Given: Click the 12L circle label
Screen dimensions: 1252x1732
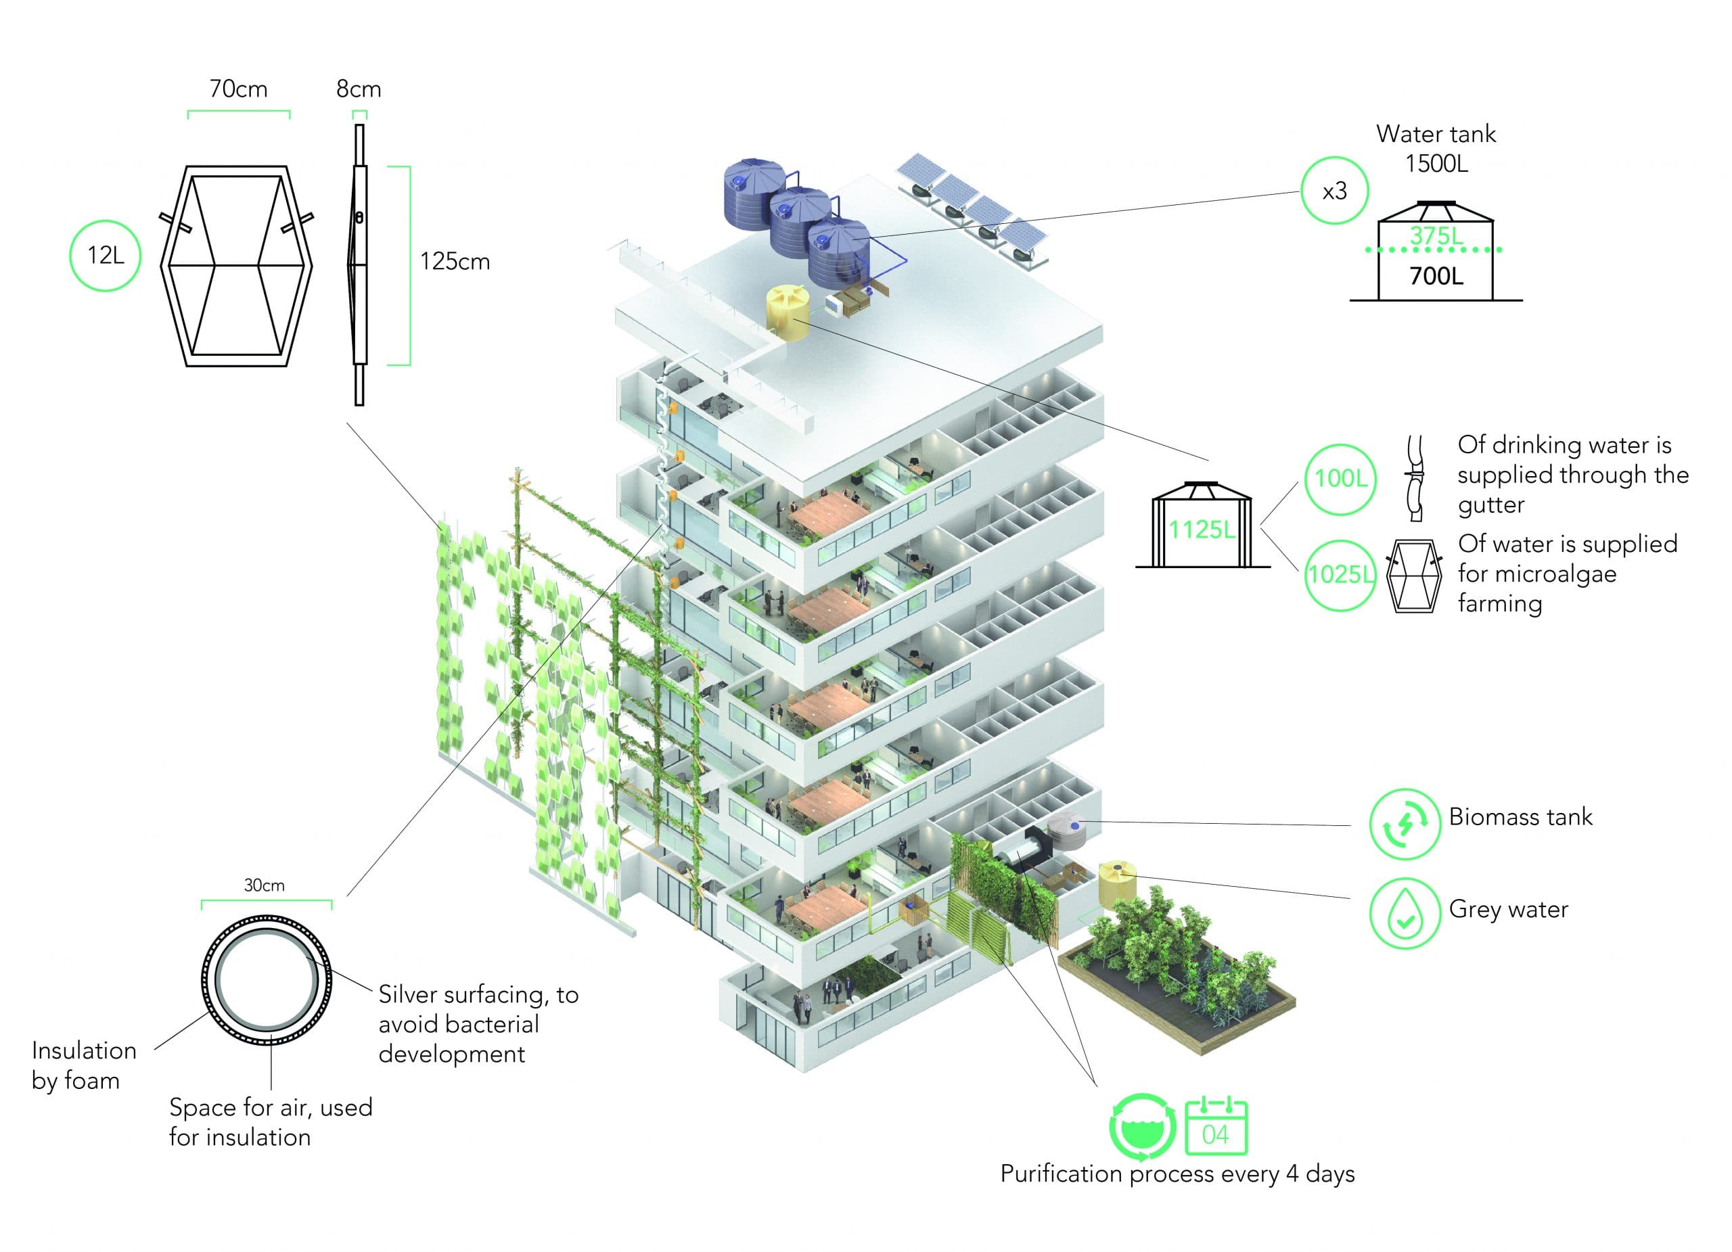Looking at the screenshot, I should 106,255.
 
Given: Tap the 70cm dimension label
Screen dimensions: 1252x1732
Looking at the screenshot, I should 238,89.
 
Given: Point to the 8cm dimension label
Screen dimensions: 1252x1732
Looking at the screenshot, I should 358,89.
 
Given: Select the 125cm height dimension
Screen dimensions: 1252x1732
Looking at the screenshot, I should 455,262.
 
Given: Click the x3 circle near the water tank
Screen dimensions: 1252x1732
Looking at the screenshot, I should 1334,191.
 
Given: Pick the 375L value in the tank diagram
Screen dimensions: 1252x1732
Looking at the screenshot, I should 1436,236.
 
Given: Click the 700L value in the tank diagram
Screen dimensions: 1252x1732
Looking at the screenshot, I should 1436,275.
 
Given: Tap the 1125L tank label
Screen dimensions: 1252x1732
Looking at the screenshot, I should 1202,529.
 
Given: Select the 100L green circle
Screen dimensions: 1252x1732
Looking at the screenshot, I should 1340,479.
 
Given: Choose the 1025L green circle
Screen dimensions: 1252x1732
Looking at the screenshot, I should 1340,574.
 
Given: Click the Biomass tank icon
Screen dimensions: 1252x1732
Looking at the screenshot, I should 1405,825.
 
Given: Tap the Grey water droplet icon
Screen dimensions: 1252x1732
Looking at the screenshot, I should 1405,914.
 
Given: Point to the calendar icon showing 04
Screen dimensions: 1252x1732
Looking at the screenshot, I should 1216,1127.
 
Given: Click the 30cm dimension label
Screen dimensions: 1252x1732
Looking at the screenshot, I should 265,885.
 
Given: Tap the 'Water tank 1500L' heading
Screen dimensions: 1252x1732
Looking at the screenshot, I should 1436,148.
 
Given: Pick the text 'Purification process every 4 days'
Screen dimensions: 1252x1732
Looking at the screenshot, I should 1178,1174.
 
